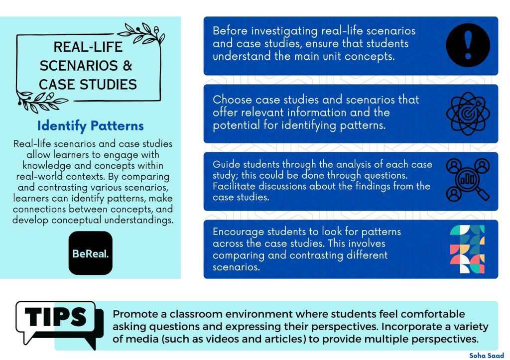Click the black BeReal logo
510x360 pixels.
pyautogui.click(x=91, y=253)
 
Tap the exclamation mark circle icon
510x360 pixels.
pyautogui.click(x=468, y=45)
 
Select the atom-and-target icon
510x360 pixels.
pyautogui.click(x=468, y=113)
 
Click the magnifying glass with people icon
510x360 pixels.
pyautogui.click(x=468, y=180)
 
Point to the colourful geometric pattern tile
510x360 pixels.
pyautogui.click(x=467, y=249)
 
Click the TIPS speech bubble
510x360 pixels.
pyautogui.click(x=59, y=324)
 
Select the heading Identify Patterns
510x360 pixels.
pyautogui.click(x=91, y=126)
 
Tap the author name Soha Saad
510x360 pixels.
pyautogui.click(x=486, y=356)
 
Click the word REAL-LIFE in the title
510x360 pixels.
pyautogui.click(x=88, y=47)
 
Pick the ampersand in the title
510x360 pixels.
pyautogui.click(x=127, y=66)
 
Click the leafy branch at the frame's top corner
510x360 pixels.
pyautogui.click(x=142, y=34)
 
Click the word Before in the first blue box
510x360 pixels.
pyautogui.click(x=230, y=31)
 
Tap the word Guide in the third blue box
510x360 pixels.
pyautogui.click(x=227, y=164)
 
